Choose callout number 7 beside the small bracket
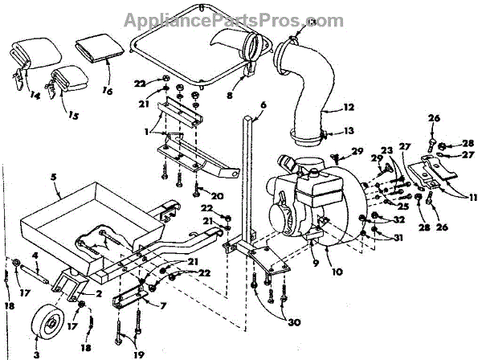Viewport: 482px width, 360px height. point(164,306)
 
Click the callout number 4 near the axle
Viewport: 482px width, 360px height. point(35,255)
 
